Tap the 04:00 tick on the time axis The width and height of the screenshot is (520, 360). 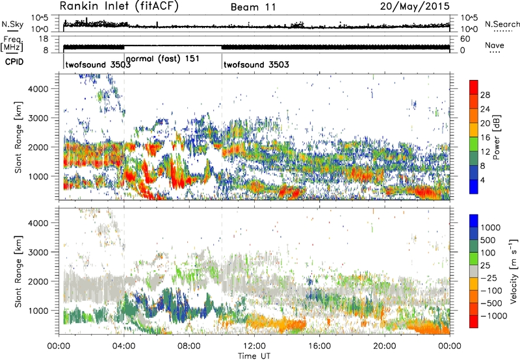click(124, 347)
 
